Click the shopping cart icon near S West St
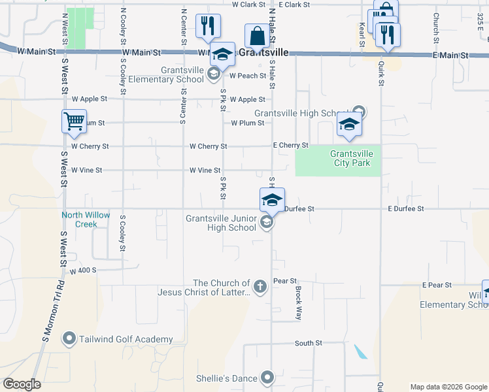pyautogui.click(x=74, y=121)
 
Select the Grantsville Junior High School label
pyautogui.click(x=221, y=223)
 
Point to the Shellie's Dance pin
pyautogui.click(x=267, y=378)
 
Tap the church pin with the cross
pyautogui.click(x=260, y=287)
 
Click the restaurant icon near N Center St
pyautogui.click(x=208, y=26)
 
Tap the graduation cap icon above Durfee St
pyautogui.click(x=271, y=199)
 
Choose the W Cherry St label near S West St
pyautogui.click(x=90, y=146)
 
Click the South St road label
pyautogui.click(x=309, y=343)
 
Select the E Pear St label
pyautogui.click(x=437, y=286)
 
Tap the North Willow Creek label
pyautogui.click(x=86, y=220)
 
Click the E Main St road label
pyautogui.click(x=450, y=56)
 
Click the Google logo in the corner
pyautogui.click(x=22, y=384)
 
